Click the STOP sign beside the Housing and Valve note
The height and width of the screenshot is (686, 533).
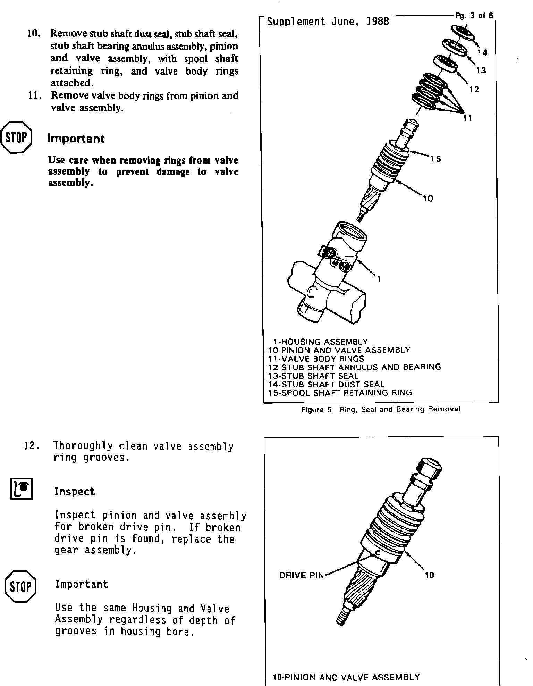pos(21,586)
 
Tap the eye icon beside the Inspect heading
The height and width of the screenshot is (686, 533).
pos(22,489)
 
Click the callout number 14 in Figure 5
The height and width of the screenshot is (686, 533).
pos(482,53)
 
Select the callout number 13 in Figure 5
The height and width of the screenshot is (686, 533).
pos(481,70)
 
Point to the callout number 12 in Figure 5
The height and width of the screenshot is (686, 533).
pos(474,90)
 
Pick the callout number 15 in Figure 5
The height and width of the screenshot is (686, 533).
pos(436,159)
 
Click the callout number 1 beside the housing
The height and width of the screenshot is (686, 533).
pos(379,278)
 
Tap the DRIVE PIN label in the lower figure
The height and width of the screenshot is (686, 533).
pos(301,576)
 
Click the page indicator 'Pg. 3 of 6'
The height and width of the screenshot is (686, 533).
pos(474,16)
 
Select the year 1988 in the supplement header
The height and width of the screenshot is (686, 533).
pos(378,22)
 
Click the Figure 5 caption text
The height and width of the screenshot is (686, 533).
pos(381,409)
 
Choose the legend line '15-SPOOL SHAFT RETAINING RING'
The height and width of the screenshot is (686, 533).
pos(340,393)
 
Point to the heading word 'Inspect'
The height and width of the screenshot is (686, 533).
pos(75,492)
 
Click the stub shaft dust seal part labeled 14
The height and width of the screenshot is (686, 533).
pos(464,33)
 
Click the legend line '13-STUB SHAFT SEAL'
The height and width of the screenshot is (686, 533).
pos(313,376)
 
